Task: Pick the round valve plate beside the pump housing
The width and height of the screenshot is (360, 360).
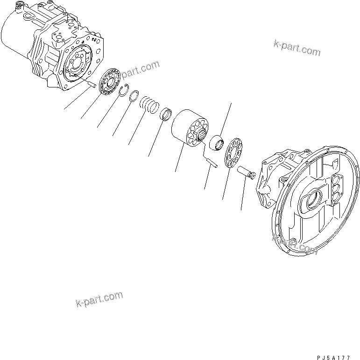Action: [111, 82]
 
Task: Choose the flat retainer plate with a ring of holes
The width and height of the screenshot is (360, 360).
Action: [232, 153]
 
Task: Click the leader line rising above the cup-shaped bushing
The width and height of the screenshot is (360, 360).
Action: [226, 119]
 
